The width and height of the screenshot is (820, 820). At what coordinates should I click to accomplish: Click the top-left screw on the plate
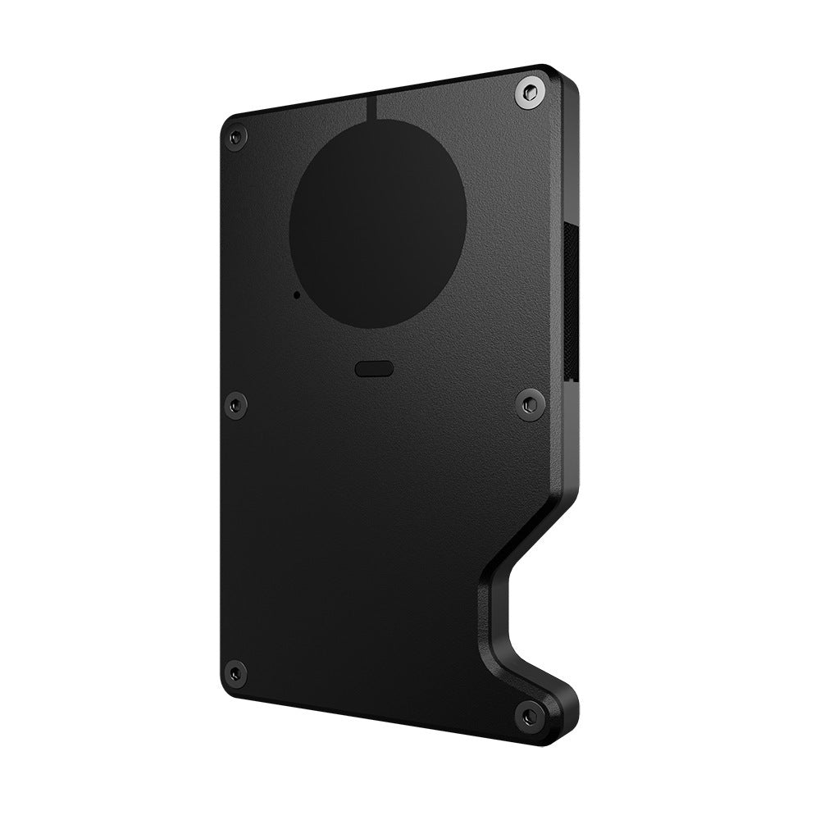pyautogui.click(x=236, y=137)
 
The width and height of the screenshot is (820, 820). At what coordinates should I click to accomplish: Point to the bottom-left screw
pyautogui.click(x=236, y=672)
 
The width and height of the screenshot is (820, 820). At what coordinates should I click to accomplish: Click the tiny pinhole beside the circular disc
pyautogui.click(x=295, y=293)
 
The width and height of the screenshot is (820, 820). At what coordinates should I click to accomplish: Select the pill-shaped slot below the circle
pyautogui.click(x=375, y=368)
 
